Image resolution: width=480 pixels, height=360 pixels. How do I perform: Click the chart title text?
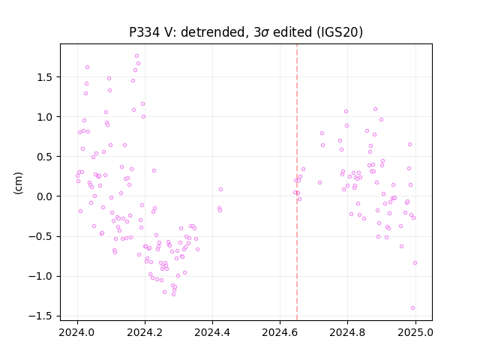point(246,32)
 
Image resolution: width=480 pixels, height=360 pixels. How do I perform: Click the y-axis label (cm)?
point(18,183)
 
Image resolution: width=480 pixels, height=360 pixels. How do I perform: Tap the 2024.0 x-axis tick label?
point(77,332)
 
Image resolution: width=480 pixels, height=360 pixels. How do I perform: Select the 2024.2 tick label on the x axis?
point(145,332)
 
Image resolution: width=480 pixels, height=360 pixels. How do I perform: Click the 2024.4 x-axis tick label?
point(212,332)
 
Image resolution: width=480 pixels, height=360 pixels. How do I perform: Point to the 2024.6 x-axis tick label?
point(280,332)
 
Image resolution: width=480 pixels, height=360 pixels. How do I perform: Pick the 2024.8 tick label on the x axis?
point(347,332)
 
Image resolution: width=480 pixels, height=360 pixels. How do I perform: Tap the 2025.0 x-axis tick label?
point(415,332)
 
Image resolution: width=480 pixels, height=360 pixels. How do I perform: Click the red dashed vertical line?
point(297,182)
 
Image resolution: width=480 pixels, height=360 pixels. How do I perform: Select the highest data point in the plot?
point(136,56)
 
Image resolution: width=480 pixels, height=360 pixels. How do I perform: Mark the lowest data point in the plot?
point(413,308)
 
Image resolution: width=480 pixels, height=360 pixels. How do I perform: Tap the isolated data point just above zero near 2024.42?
point(220,190)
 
